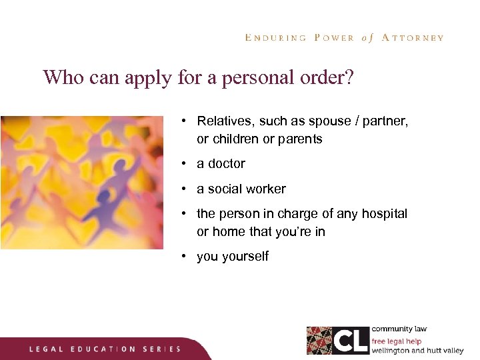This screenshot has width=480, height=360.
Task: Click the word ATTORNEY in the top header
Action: (412, 38)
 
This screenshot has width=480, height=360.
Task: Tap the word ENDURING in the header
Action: (276, 38)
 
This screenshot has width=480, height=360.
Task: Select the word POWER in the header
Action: (333, 38)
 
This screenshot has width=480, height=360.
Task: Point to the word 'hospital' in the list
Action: (383, 214)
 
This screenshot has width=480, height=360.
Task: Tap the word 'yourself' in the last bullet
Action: (245, 257)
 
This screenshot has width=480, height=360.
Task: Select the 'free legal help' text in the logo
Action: (397, 341)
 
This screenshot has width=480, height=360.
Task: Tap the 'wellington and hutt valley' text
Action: (417, 351)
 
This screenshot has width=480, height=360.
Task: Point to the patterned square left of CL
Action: (319, 341)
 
